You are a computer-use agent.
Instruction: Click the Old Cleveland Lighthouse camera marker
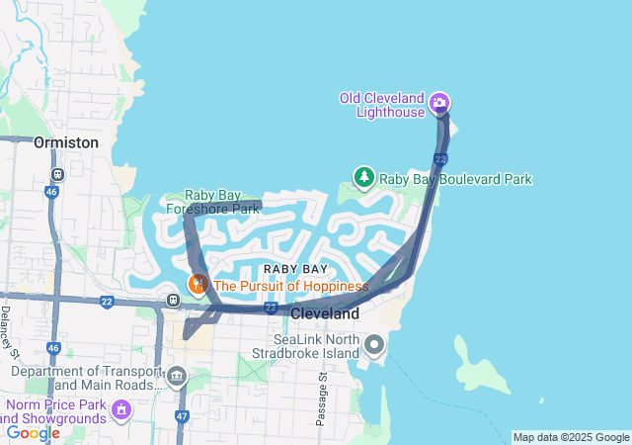440,102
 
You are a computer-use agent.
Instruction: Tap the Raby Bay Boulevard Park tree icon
364,178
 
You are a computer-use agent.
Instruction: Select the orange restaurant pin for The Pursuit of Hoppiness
198,285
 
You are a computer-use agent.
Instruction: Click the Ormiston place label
66,142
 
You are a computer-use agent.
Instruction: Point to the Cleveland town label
325,312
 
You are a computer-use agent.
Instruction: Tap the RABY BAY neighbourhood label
295,269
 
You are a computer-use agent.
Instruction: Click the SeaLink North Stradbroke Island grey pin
374,345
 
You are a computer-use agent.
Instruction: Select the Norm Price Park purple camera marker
121,407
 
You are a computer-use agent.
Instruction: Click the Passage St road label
322,400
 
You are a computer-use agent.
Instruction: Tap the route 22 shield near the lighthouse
440,158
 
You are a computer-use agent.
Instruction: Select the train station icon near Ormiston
57,174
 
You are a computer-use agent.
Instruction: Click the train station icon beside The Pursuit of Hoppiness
174,300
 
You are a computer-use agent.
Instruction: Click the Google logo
33,432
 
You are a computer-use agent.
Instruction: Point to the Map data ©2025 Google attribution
571,437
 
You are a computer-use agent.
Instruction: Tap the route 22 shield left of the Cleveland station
107,301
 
